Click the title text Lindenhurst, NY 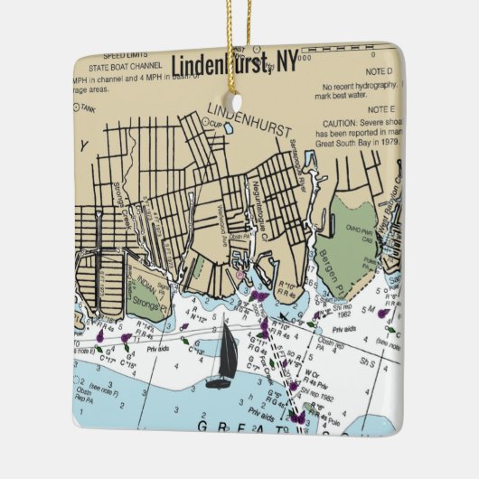[234, 65]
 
